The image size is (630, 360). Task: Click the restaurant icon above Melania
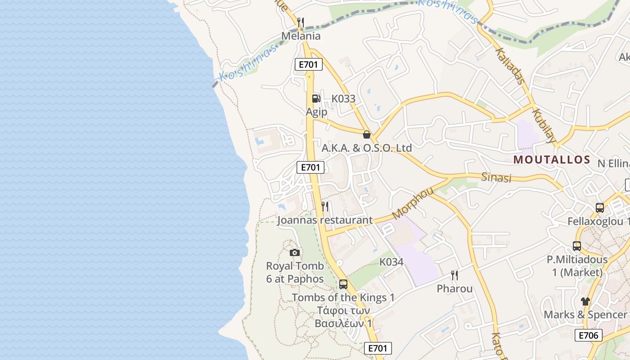(x=301, y=22)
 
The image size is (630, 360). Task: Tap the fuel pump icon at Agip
(x=316, y=98)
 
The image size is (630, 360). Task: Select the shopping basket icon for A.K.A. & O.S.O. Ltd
(x=367, y=134)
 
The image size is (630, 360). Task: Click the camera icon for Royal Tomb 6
(x=295, y=252)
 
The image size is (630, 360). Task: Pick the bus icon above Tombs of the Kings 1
(x=343, y=284)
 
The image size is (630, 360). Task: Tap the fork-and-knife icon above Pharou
(x=454, y=275)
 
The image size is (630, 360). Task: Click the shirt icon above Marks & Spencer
(x=585, y=301)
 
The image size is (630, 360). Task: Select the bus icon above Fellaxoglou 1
(x=599, y=207)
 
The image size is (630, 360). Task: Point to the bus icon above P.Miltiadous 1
(x=577, y=246)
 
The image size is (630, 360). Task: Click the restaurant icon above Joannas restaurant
(x=325, y=207)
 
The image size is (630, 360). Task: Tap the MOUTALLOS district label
(x=552, y=159)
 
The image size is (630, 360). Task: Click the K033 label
(x=343, y=99)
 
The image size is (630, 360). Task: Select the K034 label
(x=391, y=261)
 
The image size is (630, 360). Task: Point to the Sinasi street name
(x=497, y=177)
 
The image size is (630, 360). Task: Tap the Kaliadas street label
(x=510, y=66)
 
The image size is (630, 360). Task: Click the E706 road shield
(x=588, y=335)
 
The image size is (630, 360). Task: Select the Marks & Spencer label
(x=585, y=315)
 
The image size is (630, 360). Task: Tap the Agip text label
(x=316, y=112)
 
